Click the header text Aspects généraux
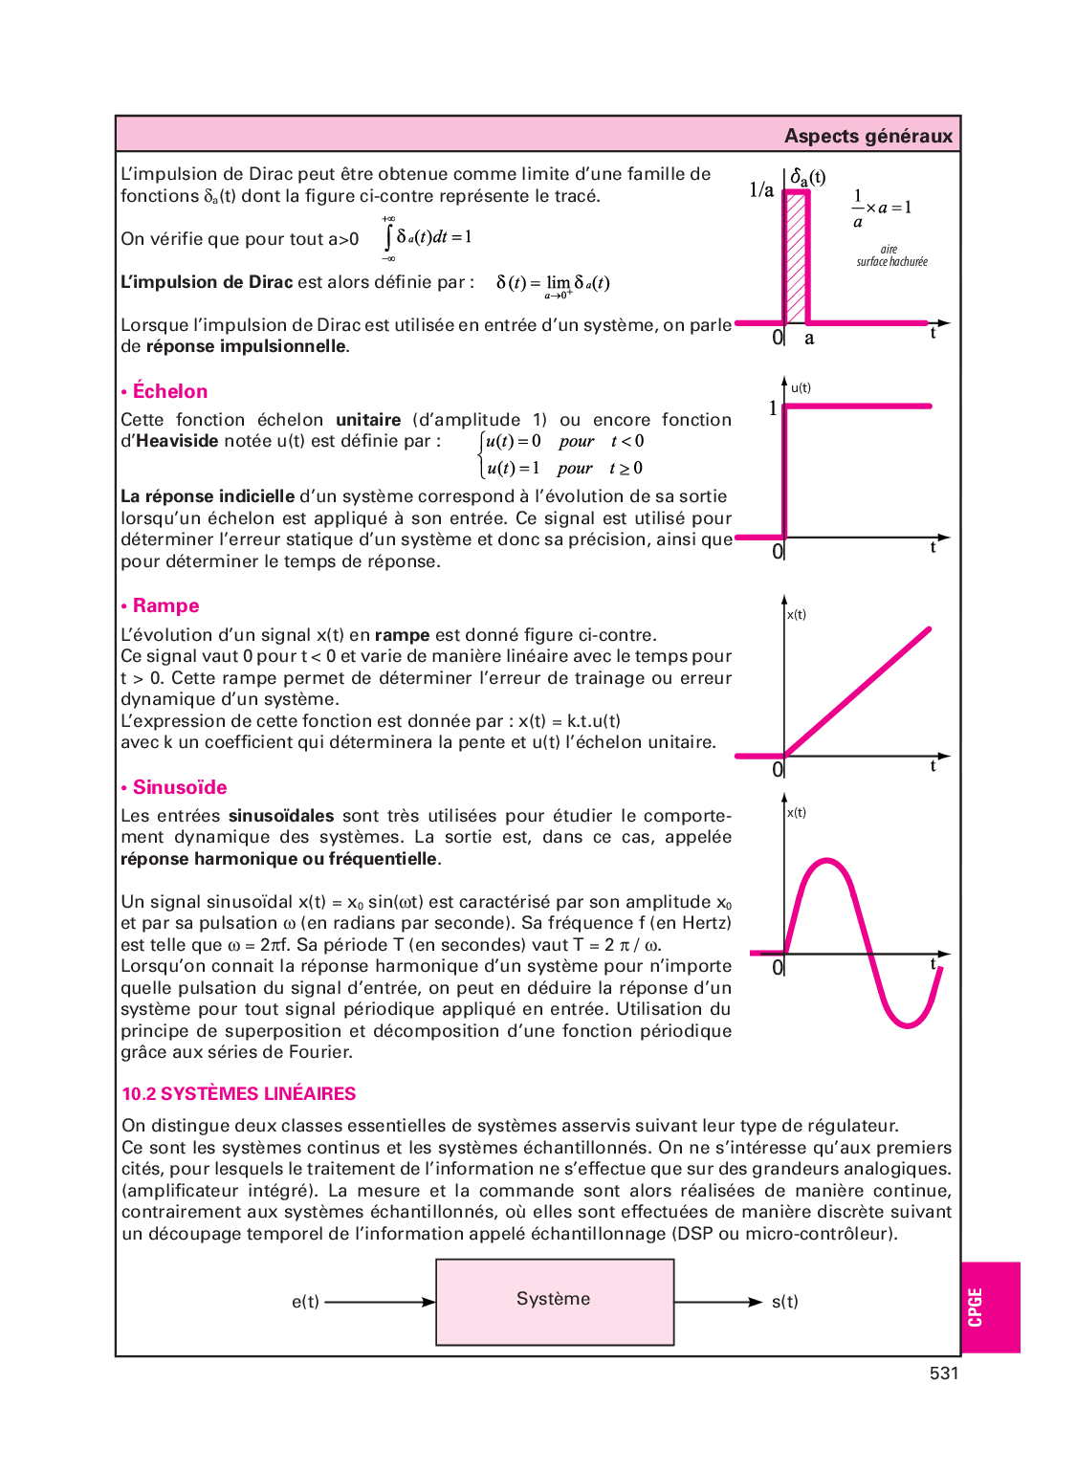tap(867, 136)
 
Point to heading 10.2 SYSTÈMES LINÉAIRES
tap(239, 1093)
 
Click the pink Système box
tap(555, 1302)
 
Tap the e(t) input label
tap(305, 1302)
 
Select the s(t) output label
tap(784, 1302)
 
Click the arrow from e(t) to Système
tap(380, 1302)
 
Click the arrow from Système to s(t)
tap(718, 1302)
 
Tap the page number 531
tap(943, 1373)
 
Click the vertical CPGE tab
tap(976, 1307)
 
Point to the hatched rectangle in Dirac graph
tap(796, 258)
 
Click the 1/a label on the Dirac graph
tap(761, 190)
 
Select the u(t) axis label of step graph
tap(801, 387)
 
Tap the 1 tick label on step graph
tap(773, 408)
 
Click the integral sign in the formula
tap(388, 237)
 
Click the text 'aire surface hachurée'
tap(891, 255)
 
